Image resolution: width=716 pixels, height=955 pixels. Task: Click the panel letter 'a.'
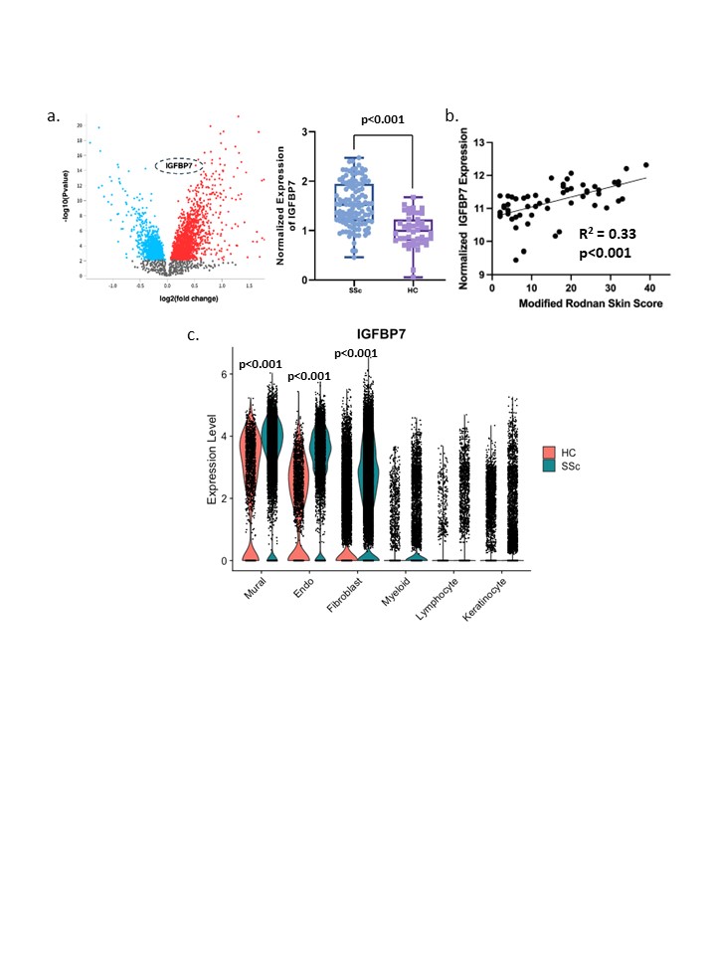(x=55, y=116)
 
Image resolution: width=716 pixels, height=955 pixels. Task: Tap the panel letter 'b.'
(x=451, y=116)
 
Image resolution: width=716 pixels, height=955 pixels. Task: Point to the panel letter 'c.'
(x=193, y=335)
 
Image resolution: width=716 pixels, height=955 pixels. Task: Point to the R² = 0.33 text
(x=608, y=235)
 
